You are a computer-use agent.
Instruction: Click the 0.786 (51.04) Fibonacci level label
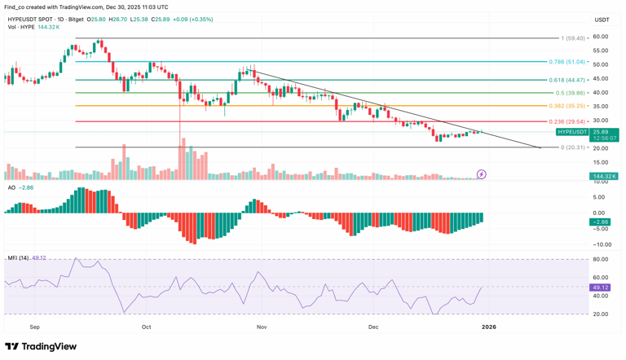[567, 62]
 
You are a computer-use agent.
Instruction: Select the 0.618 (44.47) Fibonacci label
[567, 80]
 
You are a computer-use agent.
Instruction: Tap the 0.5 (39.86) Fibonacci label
[569, 93]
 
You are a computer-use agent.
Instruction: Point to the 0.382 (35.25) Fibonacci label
[567, 106]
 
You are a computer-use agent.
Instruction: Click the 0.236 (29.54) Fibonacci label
[567, 121]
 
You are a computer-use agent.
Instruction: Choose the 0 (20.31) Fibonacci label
[574, 147]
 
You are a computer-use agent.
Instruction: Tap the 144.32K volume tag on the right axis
[604, 176]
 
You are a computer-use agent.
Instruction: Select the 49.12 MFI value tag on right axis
[601, 288]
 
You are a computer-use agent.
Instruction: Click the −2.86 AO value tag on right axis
[601, 222]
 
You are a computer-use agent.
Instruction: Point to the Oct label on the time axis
[147, 327]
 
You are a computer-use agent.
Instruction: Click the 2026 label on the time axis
[488, 327]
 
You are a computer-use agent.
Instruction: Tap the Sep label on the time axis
[34, 327]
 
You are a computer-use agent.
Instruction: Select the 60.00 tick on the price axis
[601, 37]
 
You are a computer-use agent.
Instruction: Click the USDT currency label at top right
[602, 20]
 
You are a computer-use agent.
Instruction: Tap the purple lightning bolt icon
[482, 174]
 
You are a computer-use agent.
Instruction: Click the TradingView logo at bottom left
[41, 346]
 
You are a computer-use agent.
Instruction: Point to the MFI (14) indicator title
[17, 258]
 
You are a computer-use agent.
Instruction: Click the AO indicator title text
[11, 187]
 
